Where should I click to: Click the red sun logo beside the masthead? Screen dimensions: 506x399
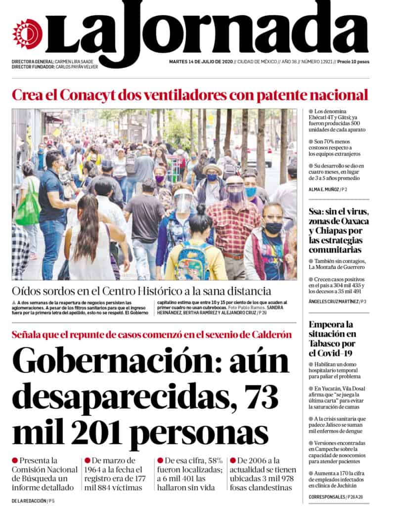click(x=28, y=34)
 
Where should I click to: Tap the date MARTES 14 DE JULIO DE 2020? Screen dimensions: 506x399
click(x=200, y=62)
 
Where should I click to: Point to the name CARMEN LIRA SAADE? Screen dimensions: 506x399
click(x=74, y=62)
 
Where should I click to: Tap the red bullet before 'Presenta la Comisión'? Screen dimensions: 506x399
click(x=15, y=460)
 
